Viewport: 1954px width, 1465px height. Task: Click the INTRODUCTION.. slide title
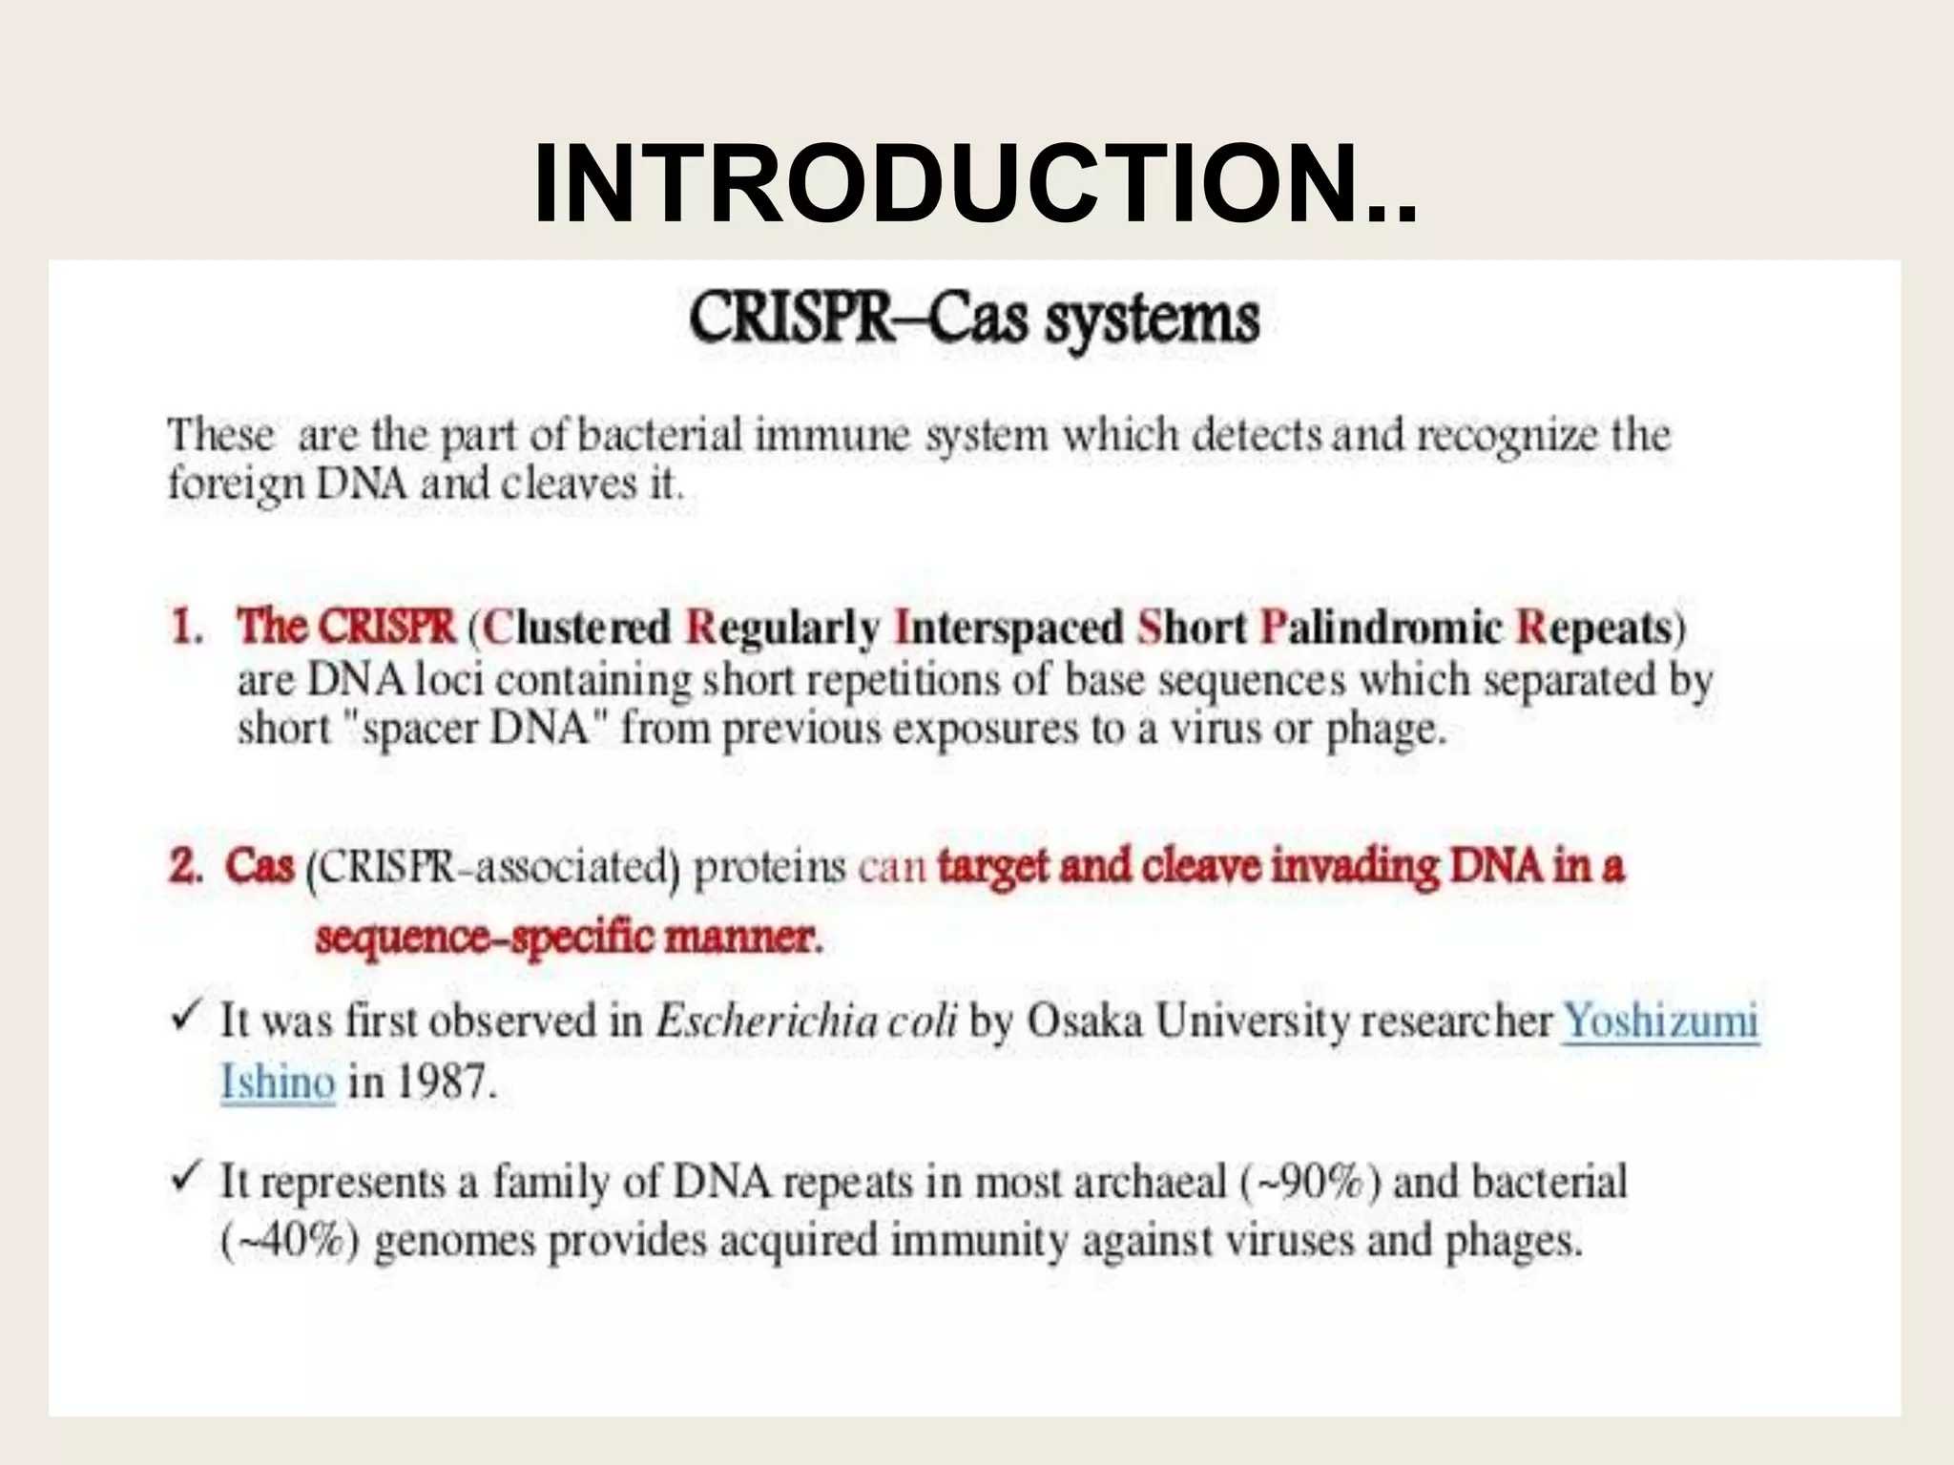point(975,184)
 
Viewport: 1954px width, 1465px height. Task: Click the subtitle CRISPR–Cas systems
point(974,319)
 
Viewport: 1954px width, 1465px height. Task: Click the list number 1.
point(186,629)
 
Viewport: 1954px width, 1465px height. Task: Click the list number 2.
point(186,867)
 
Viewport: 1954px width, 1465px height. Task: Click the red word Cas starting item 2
point(260,867)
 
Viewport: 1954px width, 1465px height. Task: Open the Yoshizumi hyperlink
point(1660,1021)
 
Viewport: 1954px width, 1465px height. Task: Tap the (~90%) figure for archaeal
point(1310,1183)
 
